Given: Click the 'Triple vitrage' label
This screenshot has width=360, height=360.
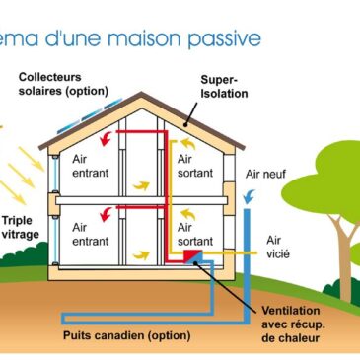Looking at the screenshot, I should point(22,228).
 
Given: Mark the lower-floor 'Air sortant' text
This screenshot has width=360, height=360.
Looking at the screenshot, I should point(193,234).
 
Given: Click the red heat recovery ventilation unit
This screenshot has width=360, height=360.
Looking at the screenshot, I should point(191,257).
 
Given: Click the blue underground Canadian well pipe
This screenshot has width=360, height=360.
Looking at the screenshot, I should point(148,318).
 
